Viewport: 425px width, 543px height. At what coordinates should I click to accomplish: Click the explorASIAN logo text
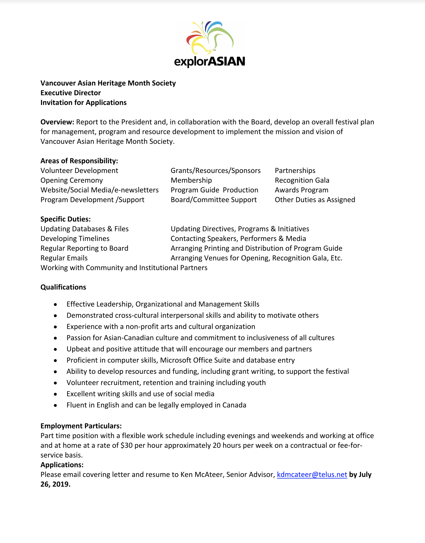click(x=209, y=61)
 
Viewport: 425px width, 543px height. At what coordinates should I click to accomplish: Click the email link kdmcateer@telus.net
click(x=312, y=474)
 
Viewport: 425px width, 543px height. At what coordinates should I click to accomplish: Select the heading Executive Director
click(x=71, y=93)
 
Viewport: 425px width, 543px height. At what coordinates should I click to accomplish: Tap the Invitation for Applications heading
click(x=84, y=102)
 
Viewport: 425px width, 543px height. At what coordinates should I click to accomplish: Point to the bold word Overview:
click(x=57, y=122)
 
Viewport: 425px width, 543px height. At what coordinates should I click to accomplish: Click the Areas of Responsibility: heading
click(x=79, y=161)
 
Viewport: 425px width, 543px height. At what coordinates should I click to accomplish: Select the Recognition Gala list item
click(x=302, y=180)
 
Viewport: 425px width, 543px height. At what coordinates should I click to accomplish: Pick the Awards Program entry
click(x=301, y=190)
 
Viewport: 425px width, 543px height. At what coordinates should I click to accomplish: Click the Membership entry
click(x=191, y=180)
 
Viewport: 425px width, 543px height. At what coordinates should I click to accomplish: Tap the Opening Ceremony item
click(x=72, y=180)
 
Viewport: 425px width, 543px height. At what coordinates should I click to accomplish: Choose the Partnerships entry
click(x=295, y=170)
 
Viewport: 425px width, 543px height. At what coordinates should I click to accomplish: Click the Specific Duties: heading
click(x=66, y=219)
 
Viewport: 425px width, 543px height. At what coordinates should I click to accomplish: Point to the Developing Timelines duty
click(x=75, y=239)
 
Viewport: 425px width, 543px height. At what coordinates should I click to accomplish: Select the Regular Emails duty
click(x=64, y=258)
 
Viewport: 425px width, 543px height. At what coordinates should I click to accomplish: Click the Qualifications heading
click(x=63, y=287)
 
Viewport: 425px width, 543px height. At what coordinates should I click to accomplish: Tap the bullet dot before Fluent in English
click(x=56, y=405)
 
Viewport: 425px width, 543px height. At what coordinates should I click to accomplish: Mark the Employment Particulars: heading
click(x=81, y=426)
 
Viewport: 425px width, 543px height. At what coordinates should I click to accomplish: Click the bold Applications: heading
click(x=62, y=465)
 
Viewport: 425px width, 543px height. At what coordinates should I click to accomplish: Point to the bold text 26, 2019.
click(x=55, y=484)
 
